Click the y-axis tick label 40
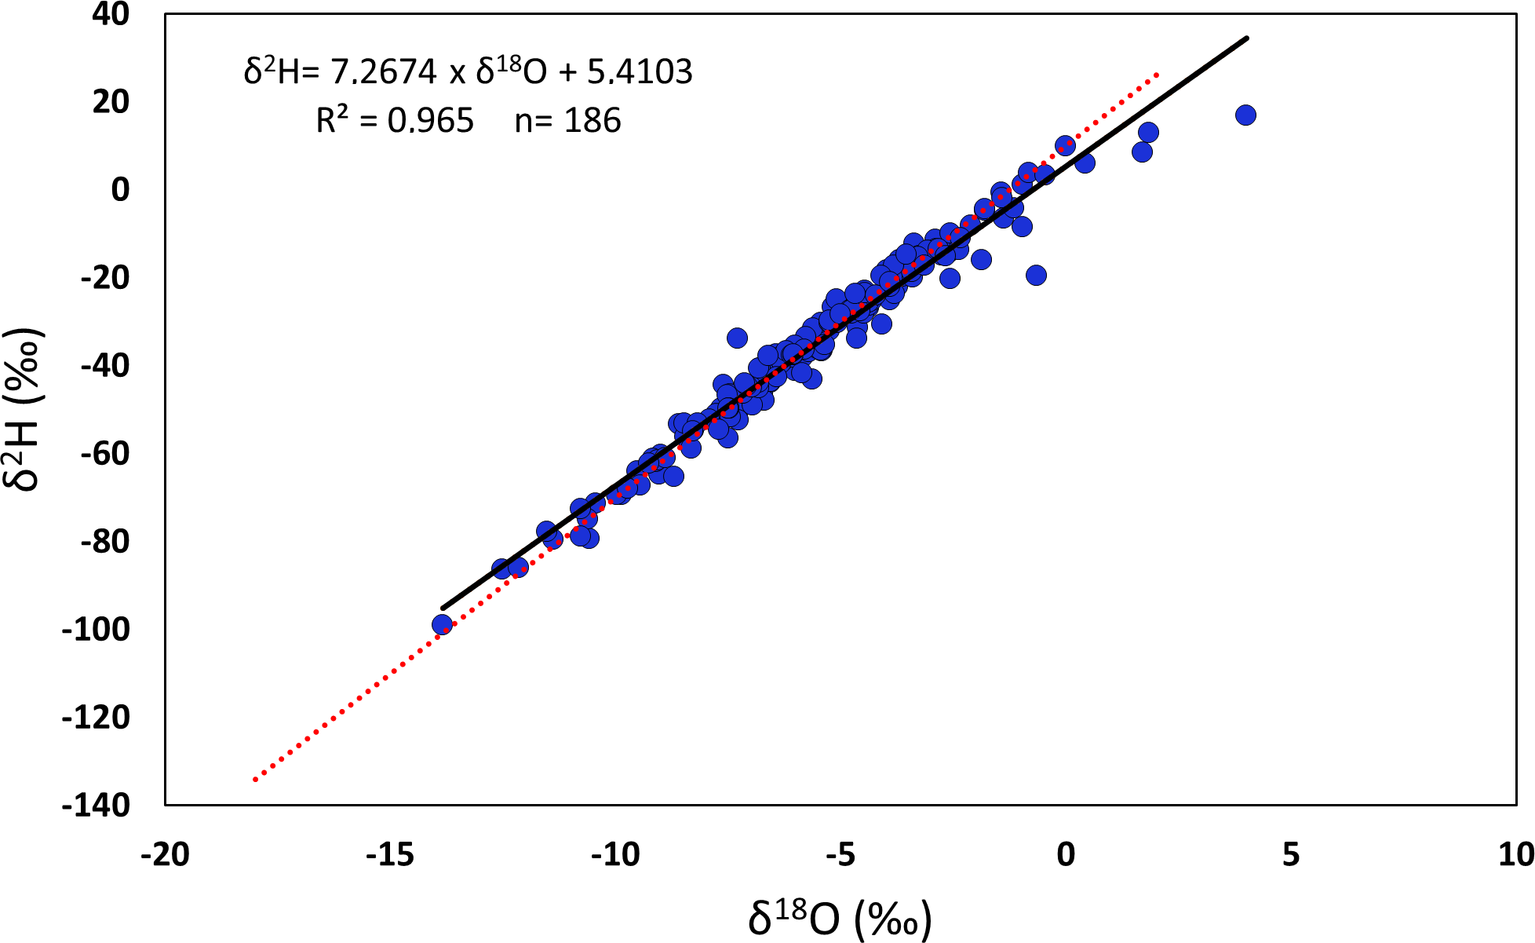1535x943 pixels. pos(111,14)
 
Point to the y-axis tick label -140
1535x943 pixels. pos(96,806)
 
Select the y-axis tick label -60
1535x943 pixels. pos(105,454)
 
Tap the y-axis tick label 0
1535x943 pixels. pos(120,190)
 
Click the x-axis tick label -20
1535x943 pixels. pos(165,854)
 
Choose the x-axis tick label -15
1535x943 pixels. pos(390,854)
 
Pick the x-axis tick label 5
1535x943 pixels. pos(1291,854)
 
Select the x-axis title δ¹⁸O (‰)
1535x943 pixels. pos(840,918)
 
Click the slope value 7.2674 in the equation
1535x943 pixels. pos(383,72)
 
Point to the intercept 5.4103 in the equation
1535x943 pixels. pos(640,72)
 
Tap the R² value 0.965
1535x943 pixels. pos(431,121)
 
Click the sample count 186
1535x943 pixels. pos(592,121)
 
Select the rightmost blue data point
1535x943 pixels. pos(1245,115)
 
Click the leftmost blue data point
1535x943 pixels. pos(442,625)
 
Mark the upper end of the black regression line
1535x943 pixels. pos(1247,38)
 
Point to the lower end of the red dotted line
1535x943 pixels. pos(254,780)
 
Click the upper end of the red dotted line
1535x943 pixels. pos(1158,74)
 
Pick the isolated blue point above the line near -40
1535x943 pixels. pos(737,338)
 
